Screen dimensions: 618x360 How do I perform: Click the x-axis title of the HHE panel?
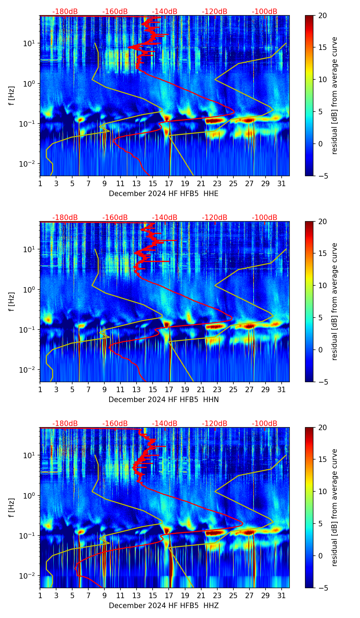click(164, 194)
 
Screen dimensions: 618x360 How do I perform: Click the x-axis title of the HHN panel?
click(164, 400)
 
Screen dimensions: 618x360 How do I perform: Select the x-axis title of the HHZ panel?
click(164, 606)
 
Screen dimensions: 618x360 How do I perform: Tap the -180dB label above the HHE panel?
click(65, 12)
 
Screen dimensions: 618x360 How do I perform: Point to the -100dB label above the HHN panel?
click(265, 218)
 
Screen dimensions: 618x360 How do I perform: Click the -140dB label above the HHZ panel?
click(165, 424)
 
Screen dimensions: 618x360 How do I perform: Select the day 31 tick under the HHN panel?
click(282, 389)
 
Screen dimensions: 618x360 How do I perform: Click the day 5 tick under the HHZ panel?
click(72, 595)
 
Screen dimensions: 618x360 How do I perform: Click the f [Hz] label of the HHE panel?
click(12, 96)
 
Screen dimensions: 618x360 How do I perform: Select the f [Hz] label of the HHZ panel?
click(12, 508)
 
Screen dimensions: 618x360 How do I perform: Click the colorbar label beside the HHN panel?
click(334, 301)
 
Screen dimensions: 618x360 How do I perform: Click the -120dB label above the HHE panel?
click(215, 12)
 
